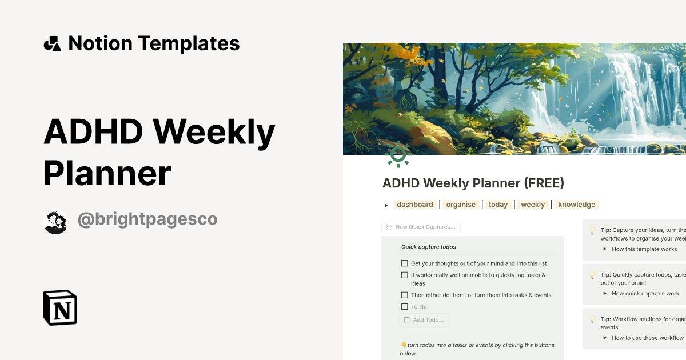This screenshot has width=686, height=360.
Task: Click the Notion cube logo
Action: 60,307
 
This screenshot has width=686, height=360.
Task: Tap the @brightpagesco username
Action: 147,219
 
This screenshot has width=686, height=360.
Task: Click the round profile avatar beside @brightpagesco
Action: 55,221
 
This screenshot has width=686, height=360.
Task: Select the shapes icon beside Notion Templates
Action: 53,43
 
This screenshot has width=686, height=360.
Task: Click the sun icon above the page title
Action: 398,154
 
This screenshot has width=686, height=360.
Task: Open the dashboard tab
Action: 415,205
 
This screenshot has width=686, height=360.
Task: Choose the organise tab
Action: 461,205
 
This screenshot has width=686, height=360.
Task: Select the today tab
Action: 498,205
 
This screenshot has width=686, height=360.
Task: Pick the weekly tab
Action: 533,205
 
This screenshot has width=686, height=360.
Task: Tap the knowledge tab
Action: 576,205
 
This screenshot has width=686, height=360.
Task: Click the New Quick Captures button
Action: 421,227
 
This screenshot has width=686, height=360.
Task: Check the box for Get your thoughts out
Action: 405,263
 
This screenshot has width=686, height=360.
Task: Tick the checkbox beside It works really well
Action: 405,275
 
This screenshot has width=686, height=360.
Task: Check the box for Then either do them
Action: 405,295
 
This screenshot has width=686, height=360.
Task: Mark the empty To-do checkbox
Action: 405,307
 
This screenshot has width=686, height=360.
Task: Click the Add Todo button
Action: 424,320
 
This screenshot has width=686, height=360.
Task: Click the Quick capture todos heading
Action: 428,247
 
